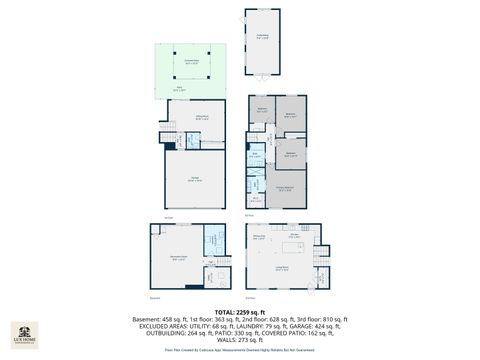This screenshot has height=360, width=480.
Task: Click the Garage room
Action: (x=197, y=181)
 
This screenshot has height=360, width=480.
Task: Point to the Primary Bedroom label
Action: (x=285, y=187)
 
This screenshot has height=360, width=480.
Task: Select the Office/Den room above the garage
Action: (x=201, y=120)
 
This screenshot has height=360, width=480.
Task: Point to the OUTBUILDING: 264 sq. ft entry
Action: (x=173, y=334)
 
